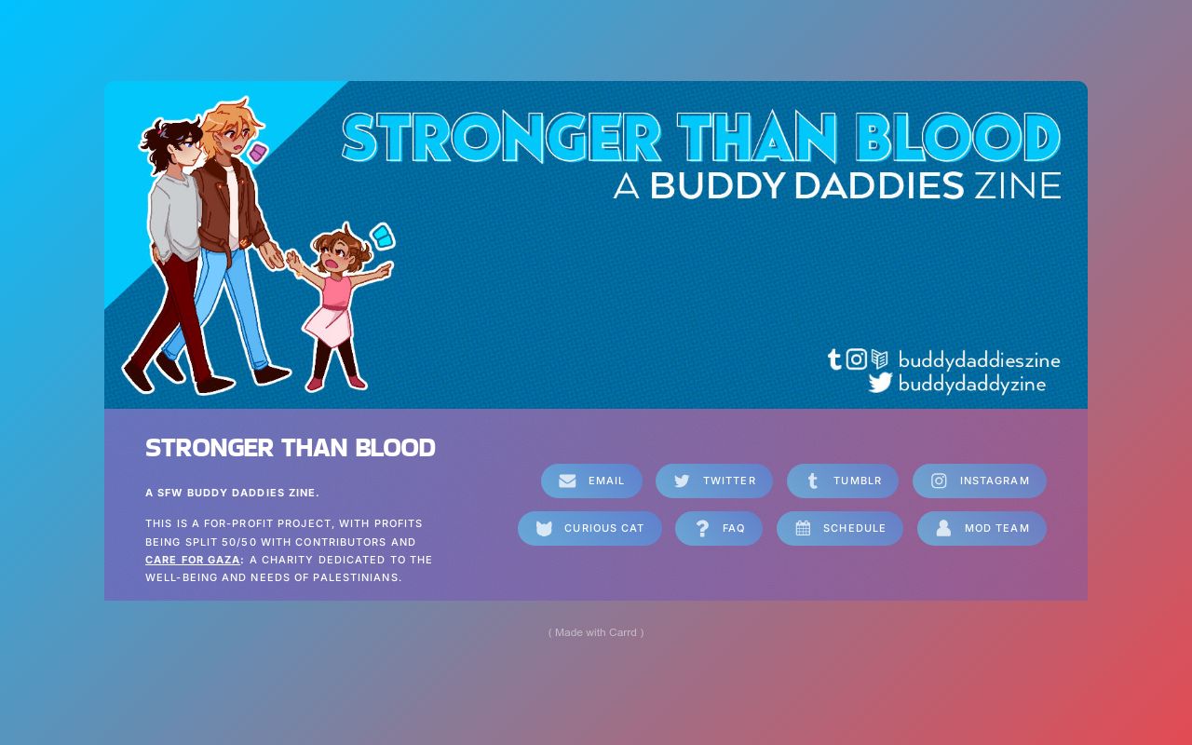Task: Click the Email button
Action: click(x=591, y=481)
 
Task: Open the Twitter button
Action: click(x=714, y=481)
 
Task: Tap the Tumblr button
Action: click(x=843, y=481)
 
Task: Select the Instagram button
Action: click(x=980, y=481)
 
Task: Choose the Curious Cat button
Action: click(x=589, y=528)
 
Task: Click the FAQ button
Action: click(x=719, y=528)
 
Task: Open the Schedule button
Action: click(x=840, y=528)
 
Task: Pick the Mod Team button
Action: click(x=982, y=528)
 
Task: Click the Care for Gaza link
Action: click(x=193, y=560)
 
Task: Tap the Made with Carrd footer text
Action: click(x=596, y=632)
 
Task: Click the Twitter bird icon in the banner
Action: click(x=880, y=383)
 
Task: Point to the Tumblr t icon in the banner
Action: click(x=834, y=359)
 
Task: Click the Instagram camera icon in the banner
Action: click(x=857, y=359)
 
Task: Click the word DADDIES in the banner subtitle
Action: click(x=878, y=186)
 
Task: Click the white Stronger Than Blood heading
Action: click(x=291, y=448)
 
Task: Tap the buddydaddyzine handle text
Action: click(x=971, y=384)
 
